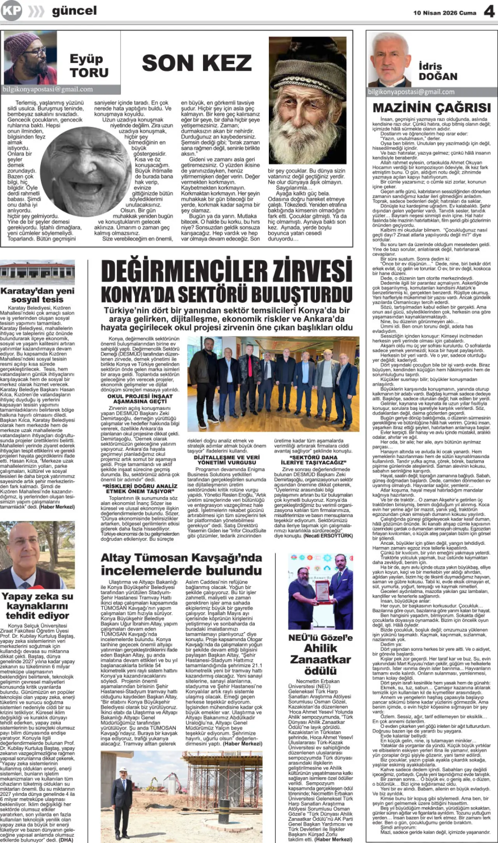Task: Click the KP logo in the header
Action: pos(11,10)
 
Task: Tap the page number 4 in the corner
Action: pos(489,12)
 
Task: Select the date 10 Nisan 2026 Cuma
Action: pos(445,13)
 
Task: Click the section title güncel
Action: pos(74,11)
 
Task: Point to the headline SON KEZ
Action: pos(197,63)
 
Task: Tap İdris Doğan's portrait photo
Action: pos(390,59)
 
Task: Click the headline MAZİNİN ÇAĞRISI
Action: pos(431,108)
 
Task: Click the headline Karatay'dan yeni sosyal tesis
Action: pos(37,295)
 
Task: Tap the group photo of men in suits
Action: pos(272,383)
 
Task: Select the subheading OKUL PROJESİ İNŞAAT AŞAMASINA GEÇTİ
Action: pos(140,399)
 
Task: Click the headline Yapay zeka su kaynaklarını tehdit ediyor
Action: pos(37,605)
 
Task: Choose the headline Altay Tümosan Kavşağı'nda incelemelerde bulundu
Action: pos(181,564)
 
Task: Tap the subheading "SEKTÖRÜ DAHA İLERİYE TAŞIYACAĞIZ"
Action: pos(313,460)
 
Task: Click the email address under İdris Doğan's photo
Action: pos(411,92)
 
